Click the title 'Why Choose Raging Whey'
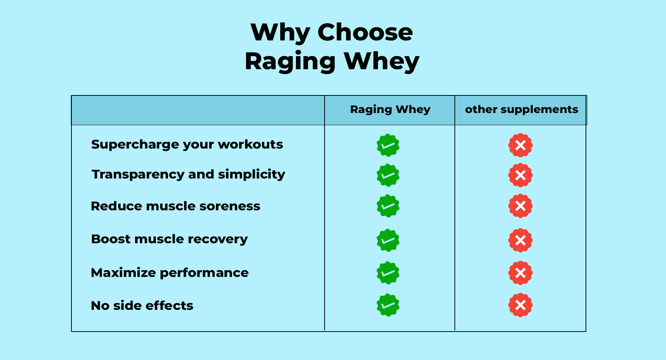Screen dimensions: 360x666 pyautogui.click(x=332, y=46)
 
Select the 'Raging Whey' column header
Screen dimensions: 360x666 pyautogui.click(x=390, y=109)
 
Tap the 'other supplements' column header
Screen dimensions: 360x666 pyautogui.click(x=521, y=109)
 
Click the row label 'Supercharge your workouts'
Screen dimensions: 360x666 pyautogui.click(x=187, y=144)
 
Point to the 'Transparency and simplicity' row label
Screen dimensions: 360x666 pyautogui.click(x=189, y=174)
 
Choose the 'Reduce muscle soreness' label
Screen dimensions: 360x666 pyautogui.click(x=175, y=206)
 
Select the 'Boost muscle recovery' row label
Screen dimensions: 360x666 pyautogui.click(x=169, y=239)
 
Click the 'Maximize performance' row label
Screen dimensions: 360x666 pyautogui.click(x=169, y=273)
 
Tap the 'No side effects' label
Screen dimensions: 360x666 pyautogui.click(x=142, y=306)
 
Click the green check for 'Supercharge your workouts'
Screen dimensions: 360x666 pyautogui.click(x=388, y=145)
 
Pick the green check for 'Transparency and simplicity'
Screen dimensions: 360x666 pyautogui.click(x=388, y=175)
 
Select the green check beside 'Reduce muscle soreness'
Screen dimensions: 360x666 pyautogui.click(x=388, y=206)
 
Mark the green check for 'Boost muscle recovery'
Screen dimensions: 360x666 pyautogui.click(x=388, y=240)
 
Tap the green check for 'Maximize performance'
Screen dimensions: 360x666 pyautogui.click(x=388, y=273)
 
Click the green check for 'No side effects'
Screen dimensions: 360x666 pyautogui.click(x=388, y=305)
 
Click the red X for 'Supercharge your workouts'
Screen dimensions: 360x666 pyautogui.click(x=520, y=145)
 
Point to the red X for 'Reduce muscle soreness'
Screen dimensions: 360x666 pyautogui.click(x=520, y=206)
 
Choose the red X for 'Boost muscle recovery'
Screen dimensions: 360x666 pyautogui.click(x=520, y=240)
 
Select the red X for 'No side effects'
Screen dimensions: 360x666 pyautogui.click(x=520, y=305)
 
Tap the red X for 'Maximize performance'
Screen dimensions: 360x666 pyautogui.click(x=520, y=273)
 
